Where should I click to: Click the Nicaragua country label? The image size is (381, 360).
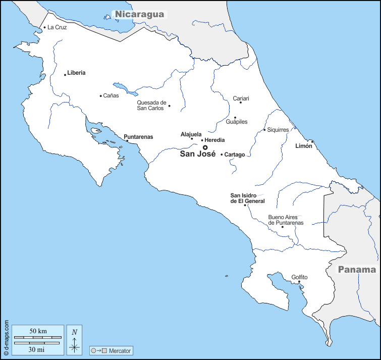140,14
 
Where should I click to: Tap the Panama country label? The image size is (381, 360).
357,270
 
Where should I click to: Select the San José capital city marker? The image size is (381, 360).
205,147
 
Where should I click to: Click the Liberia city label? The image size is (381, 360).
76,73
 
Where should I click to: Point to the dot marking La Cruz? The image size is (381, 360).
44,27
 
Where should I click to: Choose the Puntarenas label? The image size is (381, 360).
138,137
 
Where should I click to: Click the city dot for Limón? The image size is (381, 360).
312,141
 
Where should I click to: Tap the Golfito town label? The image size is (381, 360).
299,277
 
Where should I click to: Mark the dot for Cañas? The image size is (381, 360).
101,96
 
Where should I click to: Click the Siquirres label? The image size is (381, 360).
279,130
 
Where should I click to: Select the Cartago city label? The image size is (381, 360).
235,155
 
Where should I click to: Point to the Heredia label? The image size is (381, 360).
215,140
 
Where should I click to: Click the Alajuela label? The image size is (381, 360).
191,134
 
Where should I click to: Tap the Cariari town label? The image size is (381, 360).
241,98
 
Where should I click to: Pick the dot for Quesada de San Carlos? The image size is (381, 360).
169,106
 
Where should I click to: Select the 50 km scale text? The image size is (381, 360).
38,331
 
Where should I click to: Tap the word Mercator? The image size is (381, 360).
120,350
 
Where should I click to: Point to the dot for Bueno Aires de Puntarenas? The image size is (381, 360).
282,227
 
